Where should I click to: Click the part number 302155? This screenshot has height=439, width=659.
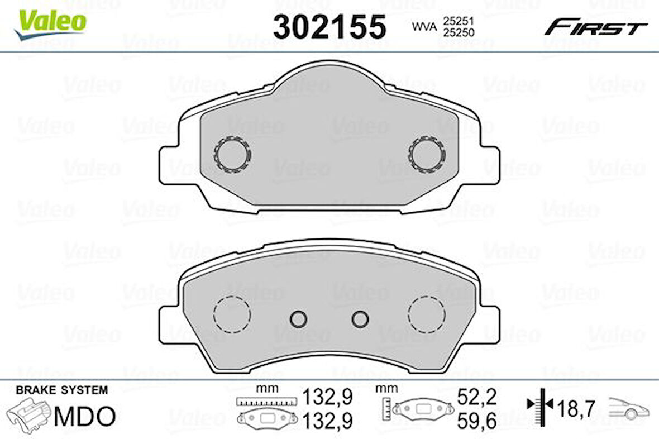click(329, 26)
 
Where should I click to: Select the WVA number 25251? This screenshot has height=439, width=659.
click(459, 20)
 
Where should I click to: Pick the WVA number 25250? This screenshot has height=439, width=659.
click(459, 32)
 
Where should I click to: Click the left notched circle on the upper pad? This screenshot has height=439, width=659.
click(232, 154)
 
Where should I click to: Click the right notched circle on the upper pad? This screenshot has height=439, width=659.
click(427, 154)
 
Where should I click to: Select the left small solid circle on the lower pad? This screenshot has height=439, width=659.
click(299, 318)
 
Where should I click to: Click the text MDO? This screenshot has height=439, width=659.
click(85, 416)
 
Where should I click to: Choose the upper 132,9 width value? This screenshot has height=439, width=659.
click(328, 397)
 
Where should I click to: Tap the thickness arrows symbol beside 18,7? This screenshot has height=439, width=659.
click(540, 404)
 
